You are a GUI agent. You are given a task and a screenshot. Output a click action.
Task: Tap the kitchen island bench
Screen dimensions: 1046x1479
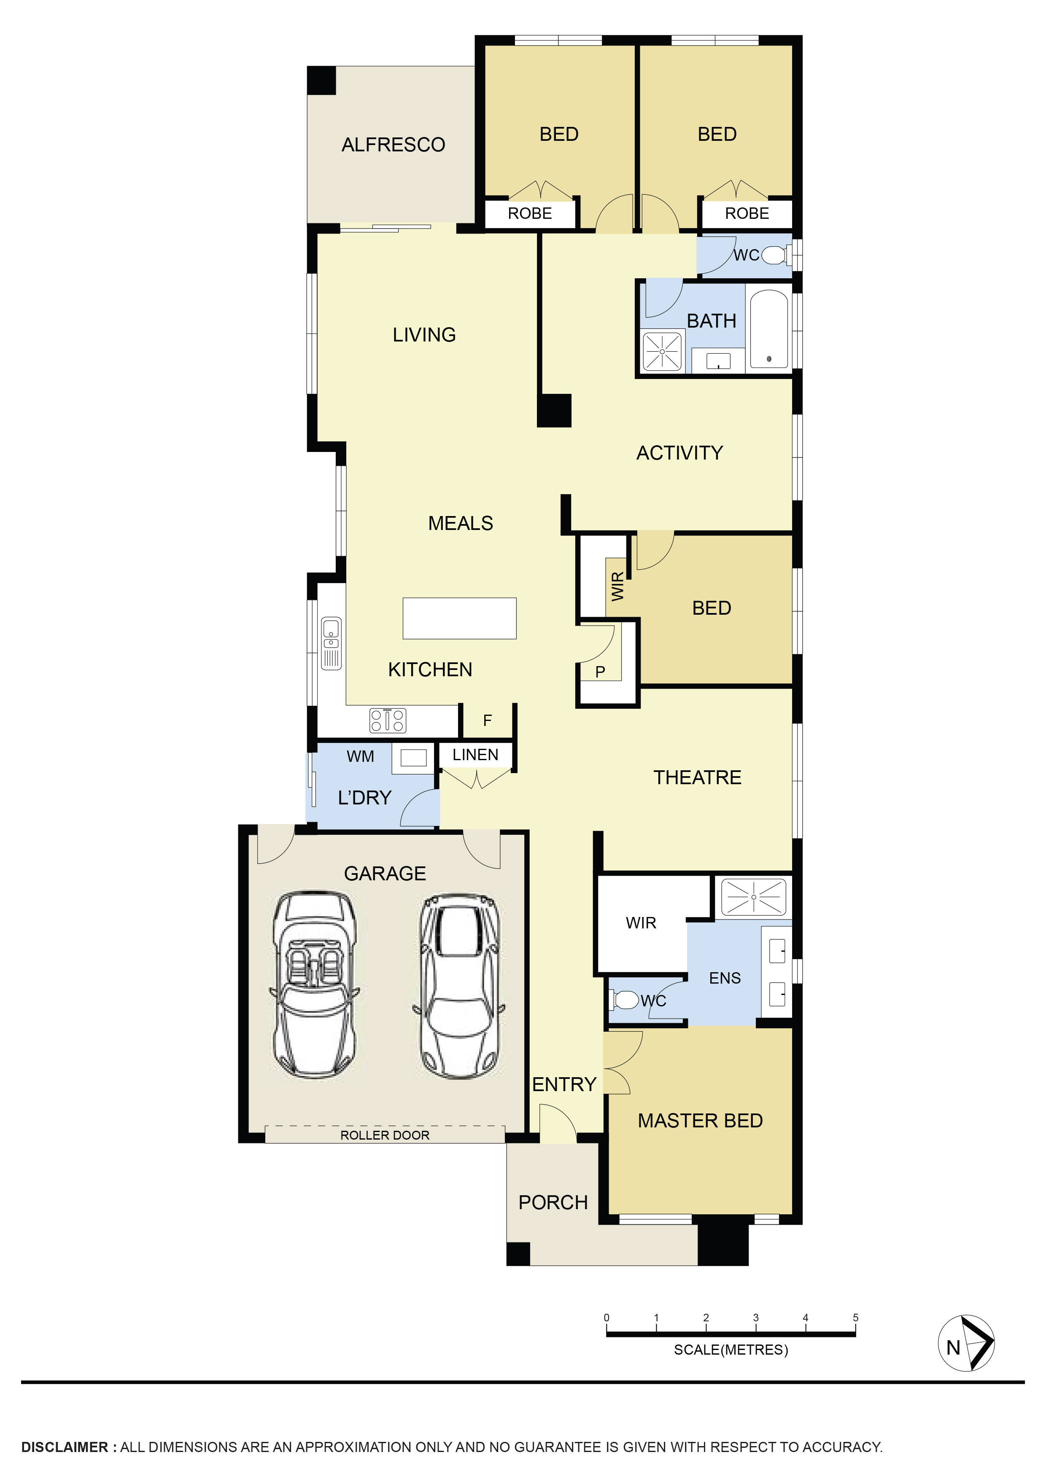[x=459, y=618]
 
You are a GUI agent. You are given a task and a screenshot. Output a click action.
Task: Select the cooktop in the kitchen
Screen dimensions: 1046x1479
[x=387, y=720]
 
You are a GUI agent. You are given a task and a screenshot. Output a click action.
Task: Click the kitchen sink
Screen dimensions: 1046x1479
[x=331, y=643]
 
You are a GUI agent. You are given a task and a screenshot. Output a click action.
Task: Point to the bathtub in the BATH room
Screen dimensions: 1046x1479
[x=769, y=329]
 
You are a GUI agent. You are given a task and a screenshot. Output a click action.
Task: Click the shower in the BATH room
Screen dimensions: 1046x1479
[x=662, y=352]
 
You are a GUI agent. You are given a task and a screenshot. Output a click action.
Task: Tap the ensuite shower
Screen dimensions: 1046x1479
[x=753, y=896]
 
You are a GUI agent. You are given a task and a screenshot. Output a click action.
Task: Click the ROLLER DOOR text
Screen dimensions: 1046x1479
[x=385, y=1135]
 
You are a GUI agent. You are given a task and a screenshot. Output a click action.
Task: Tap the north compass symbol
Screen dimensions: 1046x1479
[x=965, y=1343]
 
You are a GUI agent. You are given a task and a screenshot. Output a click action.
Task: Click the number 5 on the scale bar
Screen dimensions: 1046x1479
[x=855, y=1318]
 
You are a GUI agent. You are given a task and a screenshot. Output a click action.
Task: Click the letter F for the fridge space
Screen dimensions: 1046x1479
[x=487, y=720]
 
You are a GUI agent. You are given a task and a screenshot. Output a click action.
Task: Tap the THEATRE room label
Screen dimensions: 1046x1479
[x=697, y=777]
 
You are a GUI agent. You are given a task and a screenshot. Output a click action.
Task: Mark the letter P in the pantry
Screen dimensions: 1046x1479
[x=600, y=672]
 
